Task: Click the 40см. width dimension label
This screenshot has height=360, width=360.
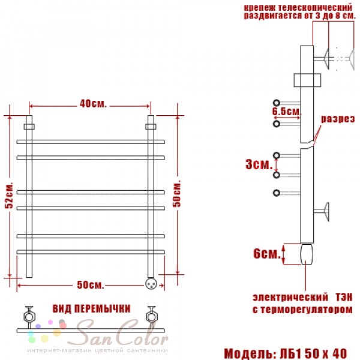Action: coord(93,104)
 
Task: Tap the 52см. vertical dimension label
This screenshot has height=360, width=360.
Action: coord(10,195)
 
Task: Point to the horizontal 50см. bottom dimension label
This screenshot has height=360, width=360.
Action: coord(91,285)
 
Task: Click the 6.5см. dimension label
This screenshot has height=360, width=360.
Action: coord(287,112)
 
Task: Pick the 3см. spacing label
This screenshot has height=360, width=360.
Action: coord(259,164)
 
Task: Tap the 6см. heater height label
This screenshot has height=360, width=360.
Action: coord(267,254)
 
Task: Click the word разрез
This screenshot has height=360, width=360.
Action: coord(338,119)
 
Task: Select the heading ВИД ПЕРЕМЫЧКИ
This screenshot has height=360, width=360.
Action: coord(91,309)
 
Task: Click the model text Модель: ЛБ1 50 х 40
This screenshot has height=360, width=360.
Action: coord(286,353)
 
